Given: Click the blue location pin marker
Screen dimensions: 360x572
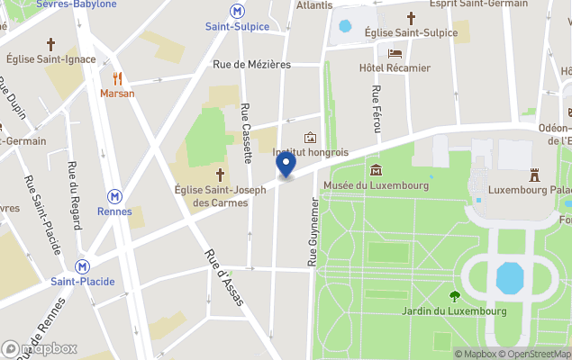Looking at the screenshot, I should pos(286,165).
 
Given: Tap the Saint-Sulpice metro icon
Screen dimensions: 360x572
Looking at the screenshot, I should pos(237,11).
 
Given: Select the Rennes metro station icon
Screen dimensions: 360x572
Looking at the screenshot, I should pos(114,196).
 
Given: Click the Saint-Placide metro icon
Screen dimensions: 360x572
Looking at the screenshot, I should pos(82,266).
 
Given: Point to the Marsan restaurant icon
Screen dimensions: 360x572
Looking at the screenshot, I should pos(117,78).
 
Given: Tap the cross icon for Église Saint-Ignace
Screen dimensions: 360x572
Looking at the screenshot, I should pos(51,43).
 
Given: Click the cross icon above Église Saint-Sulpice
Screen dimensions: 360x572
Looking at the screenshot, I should pos(411,18).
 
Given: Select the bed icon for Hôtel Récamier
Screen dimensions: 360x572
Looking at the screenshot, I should pos(395,53).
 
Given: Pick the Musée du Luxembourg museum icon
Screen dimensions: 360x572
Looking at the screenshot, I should pos(376,170).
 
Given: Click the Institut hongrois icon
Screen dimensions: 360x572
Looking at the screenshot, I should pos(311,138).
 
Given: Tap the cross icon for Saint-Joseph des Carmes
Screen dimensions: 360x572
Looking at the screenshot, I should pos(220,173).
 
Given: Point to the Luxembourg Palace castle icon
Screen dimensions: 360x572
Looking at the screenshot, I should pos(532,174).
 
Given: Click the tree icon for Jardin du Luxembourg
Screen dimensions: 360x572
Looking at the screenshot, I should pos(454,295).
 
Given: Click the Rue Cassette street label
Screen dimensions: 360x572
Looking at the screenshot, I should pos(246,133).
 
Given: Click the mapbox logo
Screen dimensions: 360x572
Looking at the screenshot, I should pos(41,348).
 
